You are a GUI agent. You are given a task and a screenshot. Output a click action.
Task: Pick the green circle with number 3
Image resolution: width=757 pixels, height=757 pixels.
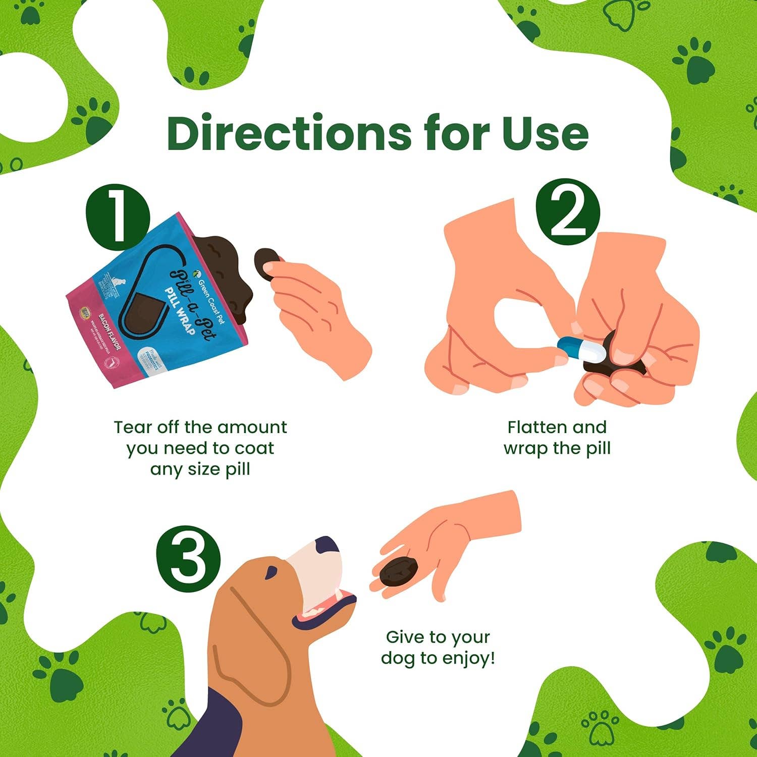pyautogui.click(x=188, y=559)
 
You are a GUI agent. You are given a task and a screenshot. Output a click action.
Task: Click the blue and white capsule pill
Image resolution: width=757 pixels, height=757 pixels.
pyautogui.click(x=581, y=349)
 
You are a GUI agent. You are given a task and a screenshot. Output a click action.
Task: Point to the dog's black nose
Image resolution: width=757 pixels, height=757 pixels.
pyautogui.click(x=327, y=545)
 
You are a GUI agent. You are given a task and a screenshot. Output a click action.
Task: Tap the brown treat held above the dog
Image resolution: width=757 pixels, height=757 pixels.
pyautogui.click(x=399, y=571)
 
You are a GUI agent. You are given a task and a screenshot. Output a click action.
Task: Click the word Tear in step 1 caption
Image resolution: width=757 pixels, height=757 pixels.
pyautogui.click(x=132, y=427)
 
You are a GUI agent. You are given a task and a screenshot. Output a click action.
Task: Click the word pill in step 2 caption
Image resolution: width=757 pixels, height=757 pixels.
pyautogui.click(x=597, y=449)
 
